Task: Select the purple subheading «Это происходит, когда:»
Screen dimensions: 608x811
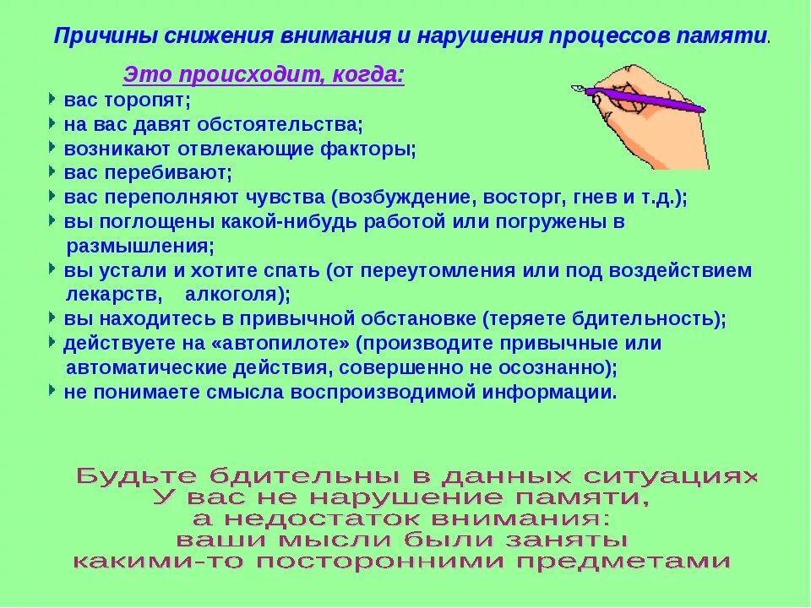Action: (264, 75)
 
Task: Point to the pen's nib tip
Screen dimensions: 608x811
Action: (574, 87)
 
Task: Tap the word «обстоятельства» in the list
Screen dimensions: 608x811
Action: (280, 125)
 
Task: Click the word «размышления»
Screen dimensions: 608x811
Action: (139, 247)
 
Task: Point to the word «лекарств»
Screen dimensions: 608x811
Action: (113, 296)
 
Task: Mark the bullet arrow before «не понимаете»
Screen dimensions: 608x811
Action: (53, 391)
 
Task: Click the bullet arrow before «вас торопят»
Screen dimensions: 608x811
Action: (53, 99)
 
